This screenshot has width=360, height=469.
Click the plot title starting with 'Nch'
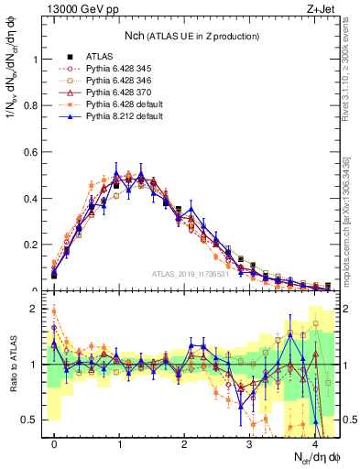[191, 36]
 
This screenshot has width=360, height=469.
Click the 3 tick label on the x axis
[249, 443]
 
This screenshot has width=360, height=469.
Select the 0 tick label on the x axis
[54, 443]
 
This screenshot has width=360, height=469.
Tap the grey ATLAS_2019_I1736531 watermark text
[191, 274]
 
